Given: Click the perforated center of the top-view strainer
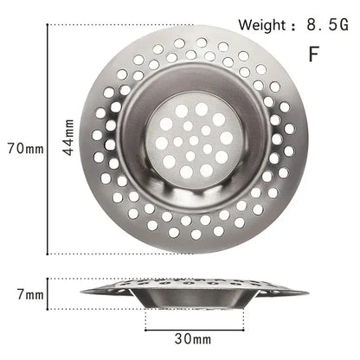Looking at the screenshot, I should tap(192, 138).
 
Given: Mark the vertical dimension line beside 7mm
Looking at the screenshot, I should tap(48, 294).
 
